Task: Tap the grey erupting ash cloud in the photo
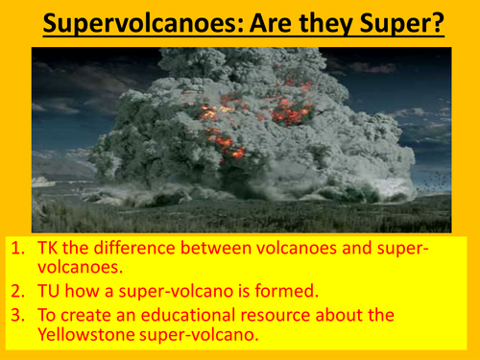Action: (192, 144)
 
